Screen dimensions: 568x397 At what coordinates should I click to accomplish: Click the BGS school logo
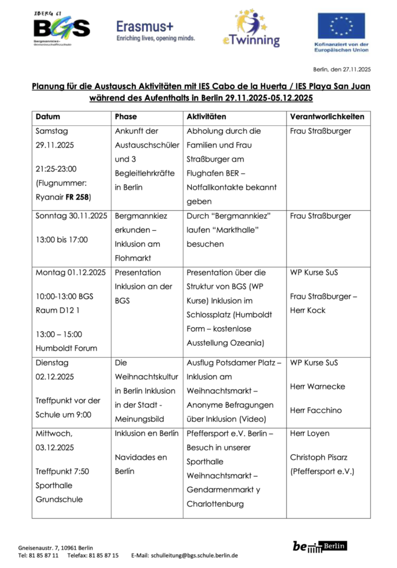point(61,28)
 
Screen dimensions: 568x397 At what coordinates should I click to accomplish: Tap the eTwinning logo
point(251,29)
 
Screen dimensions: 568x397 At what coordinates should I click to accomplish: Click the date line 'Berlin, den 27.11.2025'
point(342,69)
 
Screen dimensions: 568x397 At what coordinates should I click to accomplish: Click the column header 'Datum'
point(48,117)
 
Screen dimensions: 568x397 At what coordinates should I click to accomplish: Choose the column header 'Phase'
point(125,117)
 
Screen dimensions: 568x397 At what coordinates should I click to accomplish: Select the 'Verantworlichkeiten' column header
point(327,117)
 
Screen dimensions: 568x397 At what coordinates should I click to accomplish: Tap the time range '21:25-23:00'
point(57,169)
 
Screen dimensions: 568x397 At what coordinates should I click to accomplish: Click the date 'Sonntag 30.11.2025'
point(72,215)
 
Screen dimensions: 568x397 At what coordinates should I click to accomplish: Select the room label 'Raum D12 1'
point(57,310)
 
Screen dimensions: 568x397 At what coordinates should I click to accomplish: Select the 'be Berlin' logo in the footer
point(319,546)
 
